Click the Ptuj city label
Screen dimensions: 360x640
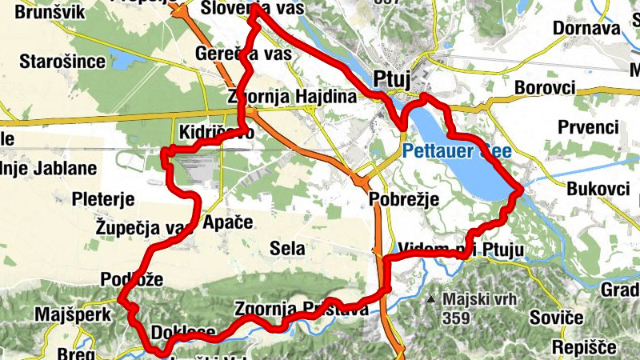click(x=392, y=78)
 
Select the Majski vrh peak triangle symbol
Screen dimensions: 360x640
click(x=431, y=300)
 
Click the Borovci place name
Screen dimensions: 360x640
click(x=546, y=86)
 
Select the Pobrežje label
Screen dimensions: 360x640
click(x=405, y=200)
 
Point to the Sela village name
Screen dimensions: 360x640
click(x=287, y=249)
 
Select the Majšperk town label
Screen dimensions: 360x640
click(x=72, y=314)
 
